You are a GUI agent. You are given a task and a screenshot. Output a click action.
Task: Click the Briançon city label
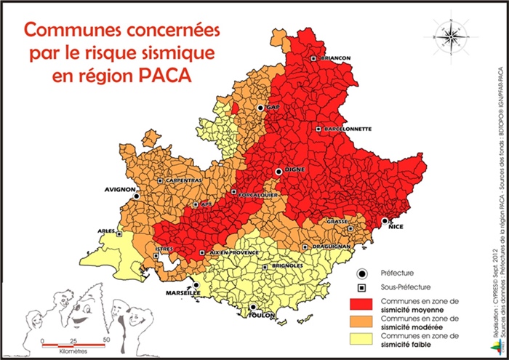pyautogui.click(x=335, y=57)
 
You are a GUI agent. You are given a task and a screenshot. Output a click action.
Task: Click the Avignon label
pyautogui.click(x=120, y=188)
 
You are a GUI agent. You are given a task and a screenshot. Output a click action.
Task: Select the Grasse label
pyautogui.click(x=337, y=221)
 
